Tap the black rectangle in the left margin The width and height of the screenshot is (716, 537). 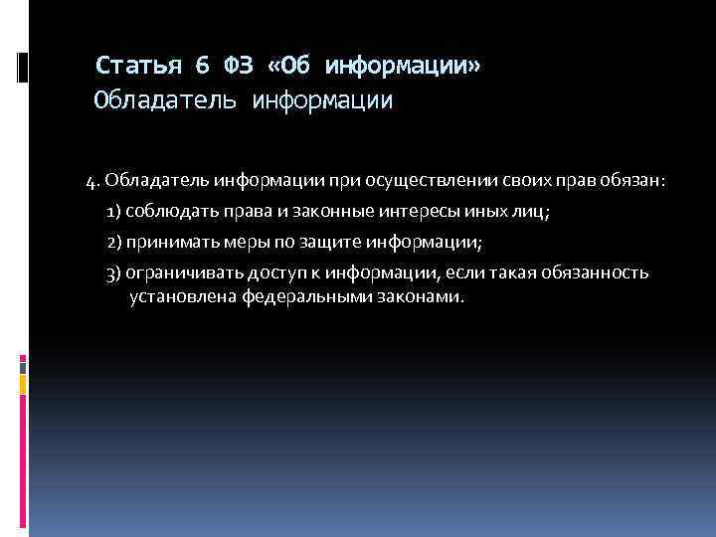click(x=22, y=68)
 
